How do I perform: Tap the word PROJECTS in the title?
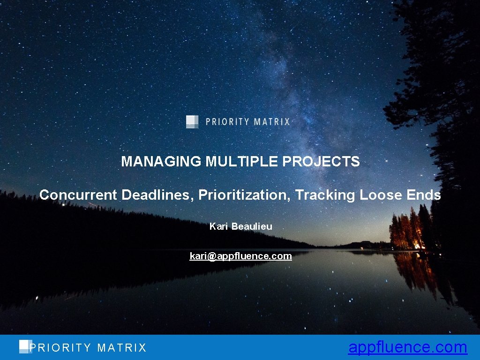pyautogui.click(x=321, y=162)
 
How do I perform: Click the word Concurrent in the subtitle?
pyautogui.click(x=79, y=195)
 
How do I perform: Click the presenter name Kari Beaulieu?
pyautogui.click(x=240, y=226)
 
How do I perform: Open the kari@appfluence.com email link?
pyautogui.click(x=240, y=256)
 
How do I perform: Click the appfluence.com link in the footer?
pyautogui.click(x=407, y=347)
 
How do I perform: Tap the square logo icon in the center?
pyautogui.click(x=192, y=121)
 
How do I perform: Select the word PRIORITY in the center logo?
pyautogui.click(x=227, y=122)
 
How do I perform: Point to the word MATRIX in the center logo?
pyautogui.click(x=271, y=122)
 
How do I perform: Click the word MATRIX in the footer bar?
pyautogui.click(x=122, y=348)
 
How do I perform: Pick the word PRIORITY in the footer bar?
pyautogui.click(x=60, y=348)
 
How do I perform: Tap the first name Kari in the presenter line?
pyautogui.click(x=218, y=226)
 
